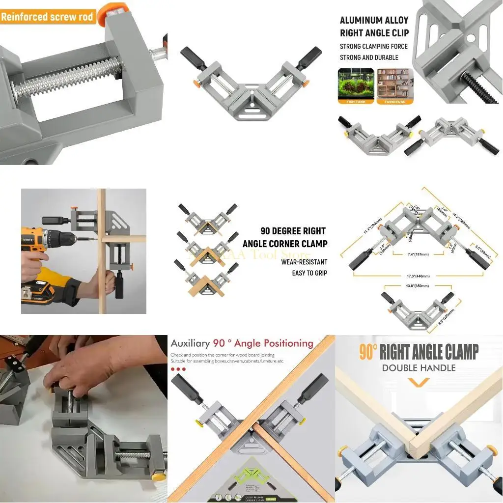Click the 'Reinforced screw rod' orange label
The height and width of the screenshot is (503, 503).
click(47, 17)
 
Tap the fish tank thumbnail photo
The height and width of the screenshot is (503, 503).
click(356, 84)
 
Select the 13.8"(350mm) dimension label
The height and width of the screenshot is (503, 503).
click(417, 285)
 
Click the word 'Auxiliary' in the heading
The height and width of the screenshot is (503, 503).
click(190, 343)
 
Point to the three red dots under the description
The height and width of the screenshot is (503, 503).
click(178, 368)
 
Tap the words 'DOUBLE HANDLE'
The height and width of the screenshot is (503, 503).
click(419, 367)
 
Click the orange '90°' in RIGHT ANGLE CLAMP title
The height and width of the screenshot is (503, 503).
click(368, 352)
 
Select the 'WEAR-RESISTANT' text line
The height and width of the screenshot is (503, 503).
click(304, 262)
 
